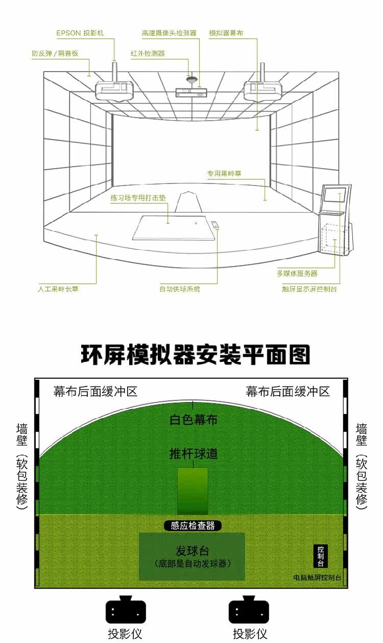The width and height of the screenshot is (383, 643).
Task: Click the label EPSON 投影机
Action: (80, 33)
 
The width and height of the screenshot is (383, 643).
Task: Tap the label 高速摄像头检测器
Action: (169, 33)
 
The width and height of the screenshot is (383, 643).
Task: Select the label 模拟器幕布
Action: (226, 33)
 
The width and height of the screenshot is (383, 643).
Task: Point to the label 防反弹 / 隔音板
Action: (55, 53)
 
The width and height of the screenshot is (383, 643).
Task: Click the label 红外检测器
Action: (148, 53)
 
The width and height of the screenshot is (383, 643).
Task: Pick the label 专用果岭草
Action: (224, 174)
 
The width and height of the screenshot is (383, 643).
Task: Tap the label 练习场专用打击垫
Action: (138, 197)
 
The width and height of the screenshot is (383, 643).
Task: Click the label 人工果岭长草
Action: (58, 289)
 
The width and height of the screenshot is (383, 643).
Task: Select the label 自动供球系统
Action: (180, 289)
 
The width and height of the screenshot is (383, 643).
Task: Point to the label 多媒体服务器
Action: (297, 273)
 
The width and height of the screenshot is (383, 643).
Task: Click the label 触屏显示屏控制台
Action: (309, 289)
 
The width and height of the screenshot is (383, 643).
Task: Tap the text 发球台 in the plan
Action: (192, 550)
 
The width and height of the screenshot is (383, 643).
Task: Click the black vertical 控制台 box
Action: (321, 556)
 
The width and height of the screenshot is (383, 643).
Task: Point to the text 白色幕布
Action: (194, 420)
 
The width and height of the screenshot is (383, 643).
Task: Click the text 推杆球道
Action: (194, 453)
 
